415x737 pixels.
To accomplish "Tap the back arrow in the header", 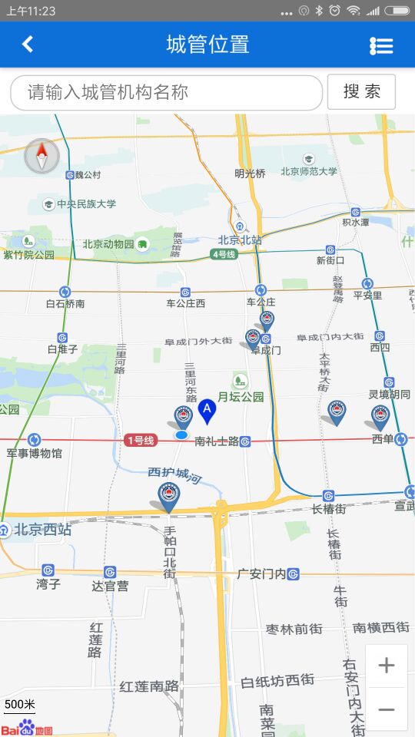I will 28,44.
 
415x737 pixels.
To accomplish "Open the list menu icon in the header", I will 381,45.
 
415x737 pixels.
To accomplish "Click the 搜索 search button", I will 361,92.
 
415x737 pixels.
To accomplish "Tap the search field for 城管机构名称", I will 166,93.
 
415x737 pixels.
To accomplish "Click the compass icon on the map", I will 41,157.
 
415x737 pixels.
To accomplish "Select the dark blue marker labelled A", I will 206,410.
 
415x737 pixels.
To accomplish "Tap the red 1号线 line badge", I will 141,440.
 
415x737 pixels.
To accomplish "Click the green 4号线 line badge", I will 224,254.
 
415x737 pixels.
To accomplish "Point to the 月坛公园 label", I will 241,397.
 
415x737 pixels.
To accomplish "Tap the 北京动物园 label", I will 108,245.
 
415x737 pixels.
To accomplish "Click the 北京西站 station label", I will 43,529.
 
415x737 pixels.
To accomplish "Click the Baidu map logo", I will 27,727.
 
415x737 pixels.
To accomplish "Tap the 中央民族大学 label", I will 86,204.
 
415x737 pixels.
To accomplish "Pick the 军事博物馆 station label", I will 35,453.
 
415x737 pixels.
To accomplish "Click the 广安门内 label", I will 261,573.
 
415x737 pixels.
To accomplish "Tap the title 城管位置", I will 207,44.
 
